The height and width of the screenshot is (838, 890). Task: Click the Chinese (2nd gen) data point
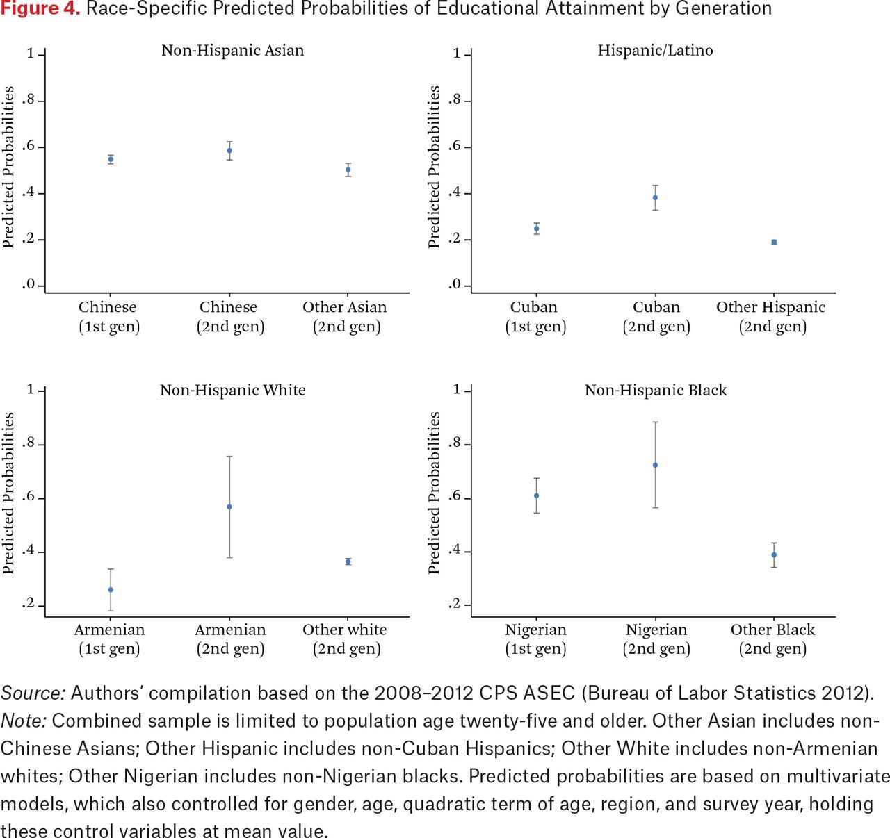point(229,151)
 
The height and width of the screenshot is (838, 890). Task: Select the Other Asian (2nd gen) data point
point(348,170)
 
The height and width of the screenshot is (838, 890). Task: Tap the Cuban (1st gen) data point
point(536,229)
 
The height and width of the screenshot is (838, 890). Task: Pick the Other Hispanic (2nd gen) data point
point(774,242)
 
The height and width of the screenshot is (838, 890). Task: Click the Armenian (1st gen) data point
point(111,590)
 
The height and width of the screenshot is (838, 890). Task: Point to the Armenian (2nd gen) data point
point(229,507)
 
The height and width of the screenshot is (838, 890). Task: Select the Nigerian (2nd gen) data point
point(655,465)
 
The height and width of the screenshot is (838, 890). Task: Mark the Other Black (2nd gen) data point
point(774,554)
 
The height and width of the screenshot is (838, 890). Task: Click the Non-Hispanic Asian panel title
point(233,50)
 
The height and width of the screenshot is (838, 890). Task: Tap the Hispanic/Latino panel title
point(655,50)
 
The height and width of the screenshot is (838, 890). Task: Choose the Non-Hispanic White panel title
point(233,390)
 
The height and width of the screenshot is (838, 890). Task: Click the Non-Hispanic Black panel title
point(656,390)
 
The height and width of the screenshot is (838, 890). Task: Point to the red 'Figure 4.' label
point(40,8)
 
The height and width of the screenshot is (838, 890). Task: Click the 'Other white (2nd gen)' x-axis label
point(345,639)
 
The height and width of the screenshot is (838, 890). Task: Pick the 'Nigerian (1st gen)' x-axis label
point(536,639)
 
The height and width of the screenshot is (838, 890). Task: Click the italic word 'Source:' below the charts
point(33,693)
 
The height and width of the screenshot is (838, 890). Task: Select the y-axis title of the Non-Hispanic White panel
point(8,493)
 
